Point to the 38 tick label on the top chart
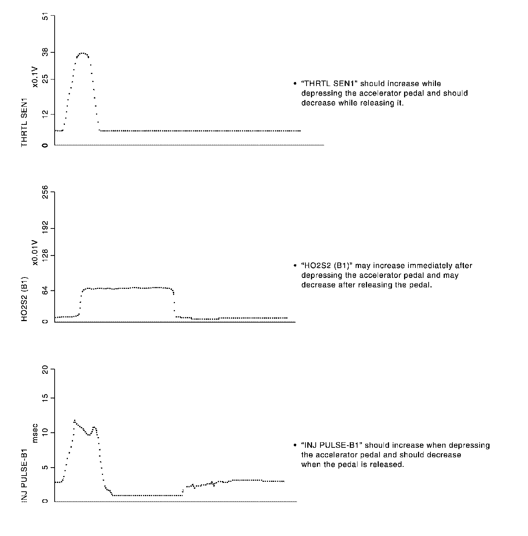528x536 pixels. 45,53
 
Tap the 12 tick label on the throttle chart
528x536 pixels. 45,114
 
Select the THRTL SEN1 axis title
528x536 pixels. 25,123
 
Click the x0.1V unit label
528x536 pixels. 35,78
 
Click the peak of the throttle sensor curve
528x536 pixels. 82,53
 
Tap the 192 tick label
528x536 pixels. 45,228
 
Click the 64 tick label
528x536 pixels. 45,291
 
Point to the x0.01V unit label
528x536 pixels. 35,253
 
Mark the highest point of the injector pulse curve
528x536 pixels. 74,420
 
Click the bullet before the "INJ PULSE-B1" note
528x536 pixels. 295,446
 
